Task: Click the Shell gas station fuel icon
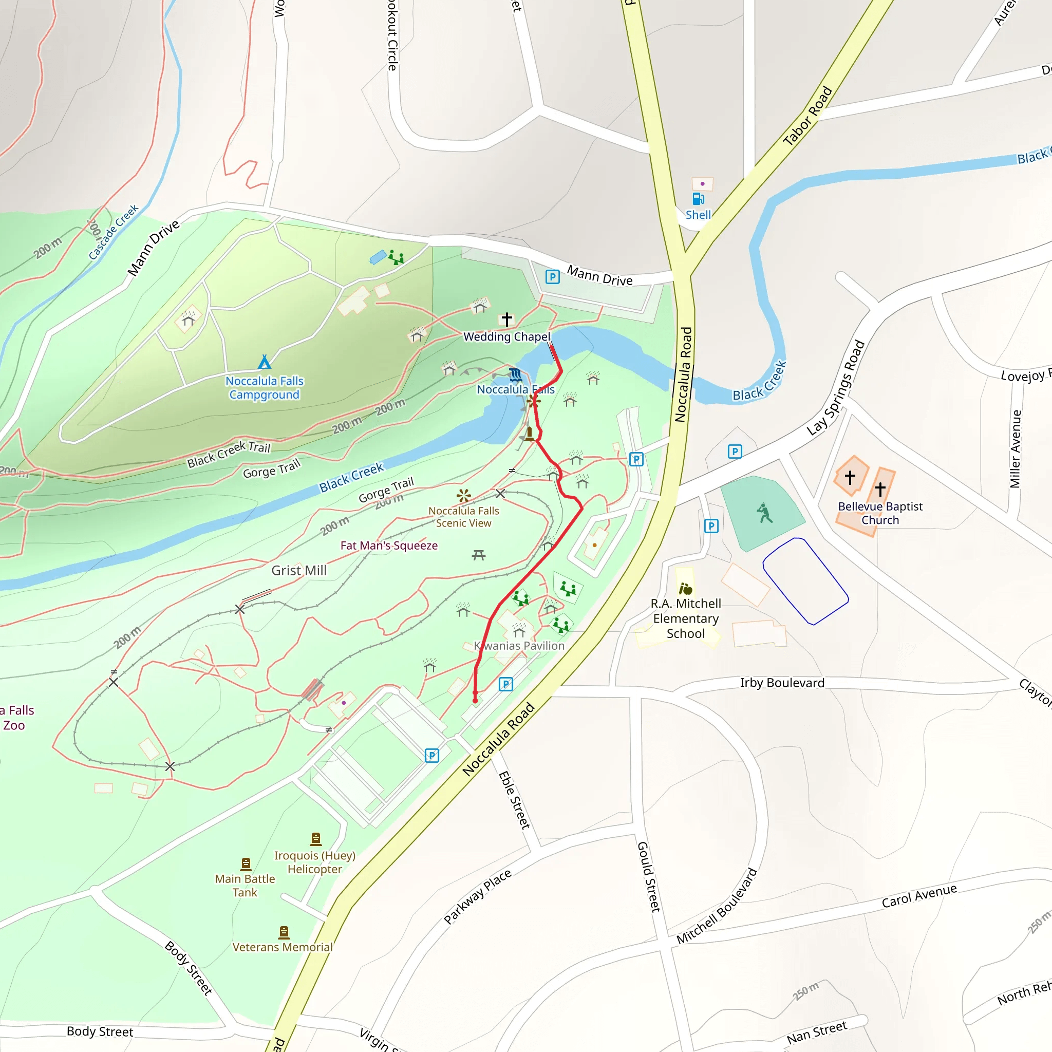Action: coord(698,199)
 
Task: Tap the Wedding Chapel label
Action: coord(506,336)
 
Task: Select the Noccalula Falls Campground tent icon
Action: coord(265,362)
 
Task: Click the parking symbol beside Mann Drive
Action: coord(552,277)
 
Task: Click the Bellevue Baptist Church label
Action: coord(880,513)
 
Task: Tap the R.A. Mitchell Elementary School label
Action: coord(686,618)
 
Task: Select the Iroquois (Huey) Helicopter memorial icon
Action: coord(316,838)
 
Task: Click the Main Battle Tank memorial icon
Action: coord(246,864)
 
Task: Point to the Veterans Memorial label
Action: coord(282,947)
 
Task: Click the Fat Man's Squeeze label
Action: coord(389,546)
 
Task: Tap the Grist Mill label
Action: coord(299,571)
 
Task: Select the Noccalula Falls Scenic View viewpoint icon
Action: coord(463,496)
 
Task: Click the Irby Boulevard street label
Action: coord(782,683)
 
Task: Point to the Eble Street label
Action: coord(514,800)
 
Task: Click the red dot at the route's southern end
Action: coord(475,701)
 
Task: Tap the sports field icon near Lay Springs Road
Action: coord(765,513)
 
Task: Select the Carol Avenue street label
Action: coord(919,896)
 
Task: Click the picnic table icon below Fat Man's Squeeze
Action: coord(479,555)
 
